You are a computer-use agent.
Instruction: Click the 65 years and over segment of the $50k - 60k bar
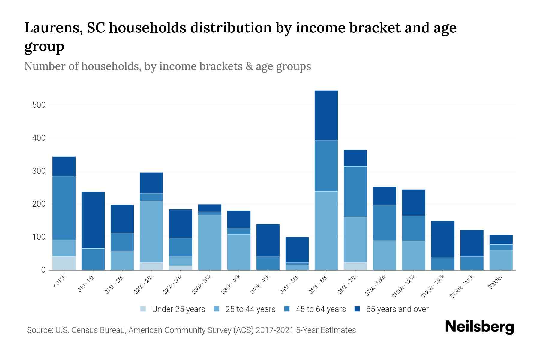tap(326, 115)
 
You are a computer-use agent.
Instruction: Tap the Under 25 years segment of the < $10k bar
tap(64, 263)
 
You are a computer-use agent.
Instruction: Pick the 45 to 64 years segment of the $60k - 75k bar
tap(355, 191)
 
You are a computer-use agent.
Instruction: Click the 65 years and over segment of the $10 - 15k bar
tap(93, 220)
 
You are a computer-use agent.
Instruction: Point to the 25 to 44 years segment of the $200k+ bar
tap(501, 260)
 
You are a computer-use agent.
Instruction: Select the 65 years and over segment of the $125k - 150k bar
tap(442, 239)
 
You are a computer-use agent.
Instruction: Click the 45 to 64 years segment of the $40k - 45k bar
tap(268, 263)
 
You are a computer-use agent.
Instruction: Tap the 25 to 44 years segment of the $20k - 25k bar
tap(151, 232)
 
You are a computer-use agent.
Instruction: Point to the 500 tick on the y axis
tap(39, 105)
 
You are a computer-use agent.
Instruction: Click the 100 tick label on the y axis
tap(39, 237)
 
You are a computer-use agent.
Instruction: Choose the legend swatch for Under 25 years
tap(143, 309)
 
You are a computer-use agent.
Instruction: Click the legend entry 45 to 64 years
tap(320, 309)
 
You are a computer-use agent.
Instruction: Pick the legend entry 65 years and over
tap(397, 309)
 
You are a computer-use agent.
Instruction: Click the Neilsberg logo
tap(479, 327)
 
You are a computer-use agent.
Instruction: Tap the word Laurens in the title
tap(53, 28)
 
